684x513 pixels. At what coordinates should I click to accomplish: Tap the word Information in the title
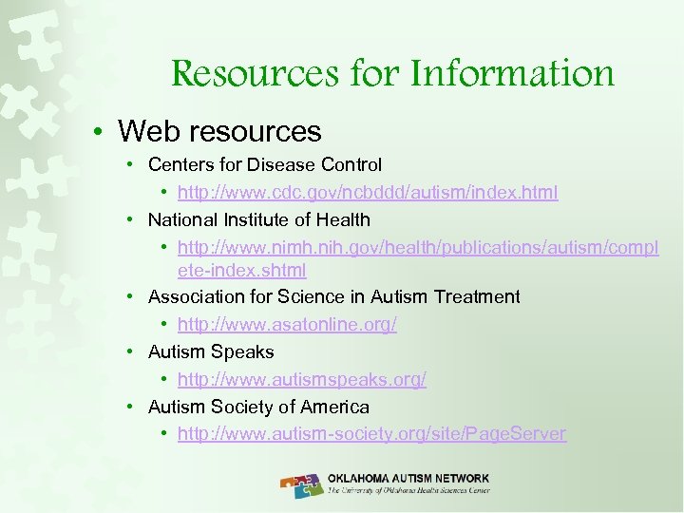point(513,72)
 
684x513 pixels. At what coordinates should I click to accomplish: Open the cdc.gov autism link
point(368,192)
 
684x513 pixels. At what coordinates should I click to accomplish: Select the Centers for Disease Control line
point(265,164)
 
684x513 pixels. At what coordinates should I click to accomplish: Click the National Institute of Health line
point(259,219)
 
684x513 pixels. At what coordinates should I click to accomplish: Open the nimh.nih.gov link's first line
point(417,248)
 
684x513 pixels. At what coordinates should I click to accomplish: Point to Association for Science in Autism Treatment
point(333,296)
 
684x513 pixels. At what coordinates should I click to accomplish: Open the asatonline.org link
point(287,324)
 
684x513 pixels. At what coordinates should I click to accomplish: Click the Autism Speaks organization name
point(211,351)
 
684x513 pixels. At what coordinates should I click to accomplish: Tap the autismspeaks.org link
point(302,379)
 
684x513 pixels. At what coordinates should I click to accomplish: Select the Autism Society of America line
point(258,407)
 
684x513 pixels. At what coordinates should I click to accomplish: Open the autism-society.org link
point(371,434)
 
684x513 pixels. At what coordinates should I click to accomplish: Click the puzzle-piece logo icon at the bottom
point(302,484)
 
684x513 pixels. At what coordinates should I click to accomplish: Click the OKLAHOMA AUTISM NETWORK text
point(408,478)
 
